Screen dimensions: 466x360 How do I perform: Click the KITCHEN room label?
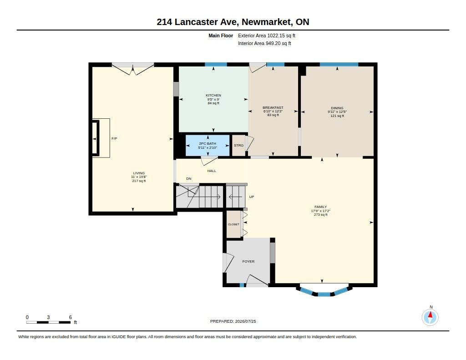click(x=213, y=96)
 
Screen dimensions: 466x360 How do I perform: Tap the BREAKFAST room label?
click(x=273, y=107)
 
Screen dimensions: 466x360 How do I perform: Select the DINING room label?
click(x=337, y=108)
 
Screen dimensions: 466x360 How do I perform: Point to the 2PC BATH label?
click(x=208, y=143)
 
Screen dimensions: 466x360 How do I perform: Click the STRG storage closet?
click(x=238, y=145)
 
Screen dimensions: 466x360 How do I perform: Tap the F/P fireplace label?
click(x=114, y=138)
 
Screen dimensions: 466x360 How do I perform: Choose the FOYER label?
click(x=248, y=261)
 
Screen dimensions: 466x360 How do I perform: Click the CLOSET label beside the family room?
click(x=233, y=224)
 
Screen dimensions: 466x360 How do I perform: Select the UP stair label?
click(x=251, y=197)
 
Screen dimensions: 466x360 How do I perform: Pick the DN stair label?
click(x=189, y=179)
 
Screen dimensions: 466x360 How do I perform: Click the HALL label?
click(x=212, y=171)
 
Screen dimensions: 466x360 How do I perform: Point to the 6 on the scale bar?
click(x=71, y=317)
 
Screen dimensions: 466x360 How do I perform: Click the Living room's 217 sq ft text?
click(x=139, y=181)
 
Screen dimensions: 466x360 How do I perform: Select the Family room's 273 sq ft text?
click(x=320, y=215)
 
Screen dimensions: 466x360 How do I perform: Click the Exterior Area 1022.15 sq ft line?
click(x=267, y=35)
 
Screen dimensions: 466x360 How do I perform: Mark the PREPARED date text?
click(x=233, y=321)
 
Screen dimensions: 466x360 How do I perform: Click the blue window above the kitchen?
click(x=216, y=65)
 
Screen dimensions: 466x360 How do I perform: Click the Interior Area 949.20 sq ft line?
click(x=264, y=43)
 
